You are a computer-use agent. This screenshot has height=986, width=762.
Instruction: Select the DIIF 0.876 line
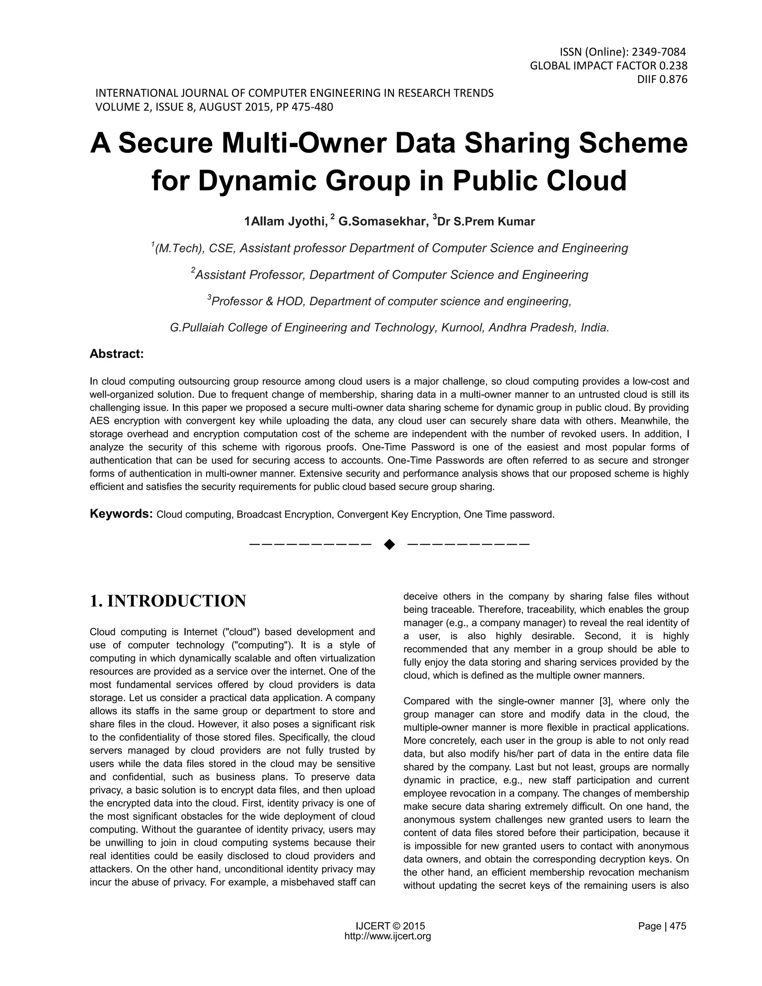(x=662, y=80)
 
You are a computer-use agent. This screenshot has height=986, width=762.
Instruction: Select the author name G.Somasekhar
(x=383, y=222)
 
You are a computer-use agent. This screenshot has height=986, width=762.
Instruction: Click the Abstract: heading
(x=116, y=354)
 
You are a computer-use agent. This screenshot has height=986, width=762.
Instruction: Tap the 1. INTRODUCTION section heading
(x=168, y=601)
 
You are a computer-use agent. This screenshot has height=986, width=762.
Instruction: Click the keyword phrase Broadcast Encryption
(x=284, y=515)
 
